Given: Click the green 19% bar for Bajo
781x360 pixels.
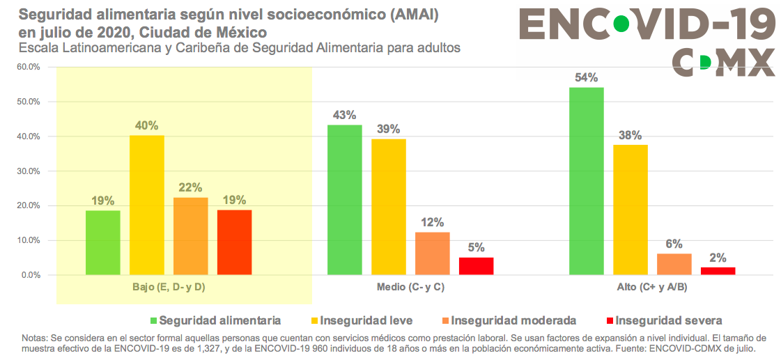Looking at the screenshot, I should (103, 242).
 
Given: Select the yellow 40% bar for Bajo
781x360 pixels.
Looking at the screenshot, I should (147, 205).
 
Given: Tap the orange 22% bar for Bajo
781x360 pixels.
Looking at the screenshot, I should (191, 236).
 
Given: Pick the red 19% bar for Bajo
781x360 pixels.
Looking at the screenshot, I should (234, 242).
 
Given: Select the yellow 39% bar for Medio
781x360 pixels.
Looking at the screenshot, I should (389, 207).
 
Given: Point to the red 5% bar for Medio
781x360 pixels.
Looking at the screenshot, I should (476, 266).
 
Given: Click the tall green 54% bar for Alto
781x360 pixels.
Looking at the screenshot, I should (586, 181).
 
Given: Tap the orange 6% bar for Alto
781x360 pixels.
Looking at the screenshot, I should (674, 264).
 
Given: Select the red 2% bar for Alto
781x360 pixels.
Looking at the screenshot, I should (718, 271).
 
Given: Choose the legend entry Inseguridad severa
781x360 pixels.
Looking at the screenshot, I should (665, 321).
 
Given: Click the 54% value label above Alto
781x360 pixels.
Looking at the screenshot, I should (586, 78).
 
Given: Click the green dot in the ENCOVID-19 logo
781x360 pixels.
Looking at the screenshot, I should (619, 25).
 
